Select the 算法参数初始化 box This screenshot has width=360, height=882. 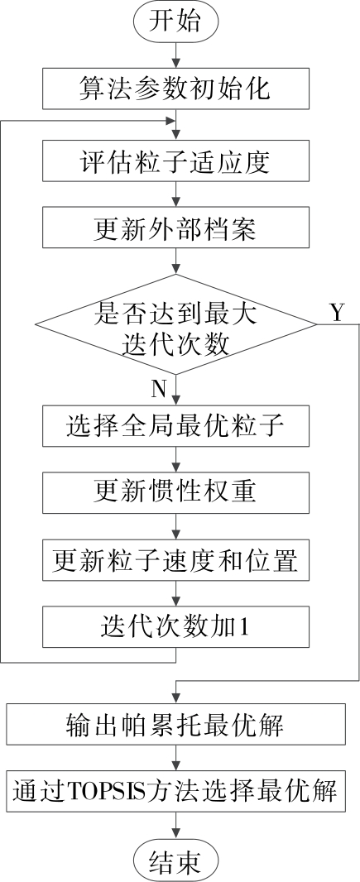pos(175,88)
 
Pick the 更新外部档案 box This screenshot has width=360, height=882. pos(175,228)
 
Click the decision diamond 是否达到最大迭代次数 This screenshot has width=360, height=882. pos(175,324)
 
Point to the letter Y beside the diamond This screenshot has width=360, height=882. pos(336,313)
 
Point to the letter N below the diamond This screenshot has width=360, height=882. pos(159,389)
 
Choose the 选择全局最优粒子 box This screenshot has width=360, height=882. pos(175,426)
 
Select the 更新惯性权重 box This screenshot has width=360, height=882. pos(175,492)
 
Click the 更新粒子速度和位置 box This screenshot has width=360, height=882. pos(175,559)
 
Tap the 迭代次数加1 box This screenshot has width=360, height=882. pos(175,626)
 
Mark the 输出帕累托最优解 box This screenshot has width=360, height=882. pos(175,725)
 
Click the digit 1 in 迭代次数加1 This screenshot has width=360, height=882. pos(244,627)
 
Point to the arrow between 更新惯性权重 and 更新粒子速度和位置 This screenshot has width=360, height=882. pos(176,526)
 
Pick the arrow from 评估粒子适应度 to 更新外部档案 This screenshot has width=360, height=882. pos(176,194)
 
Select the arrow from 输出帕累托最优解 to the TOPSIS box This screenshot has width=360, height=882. pos(176,758)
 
